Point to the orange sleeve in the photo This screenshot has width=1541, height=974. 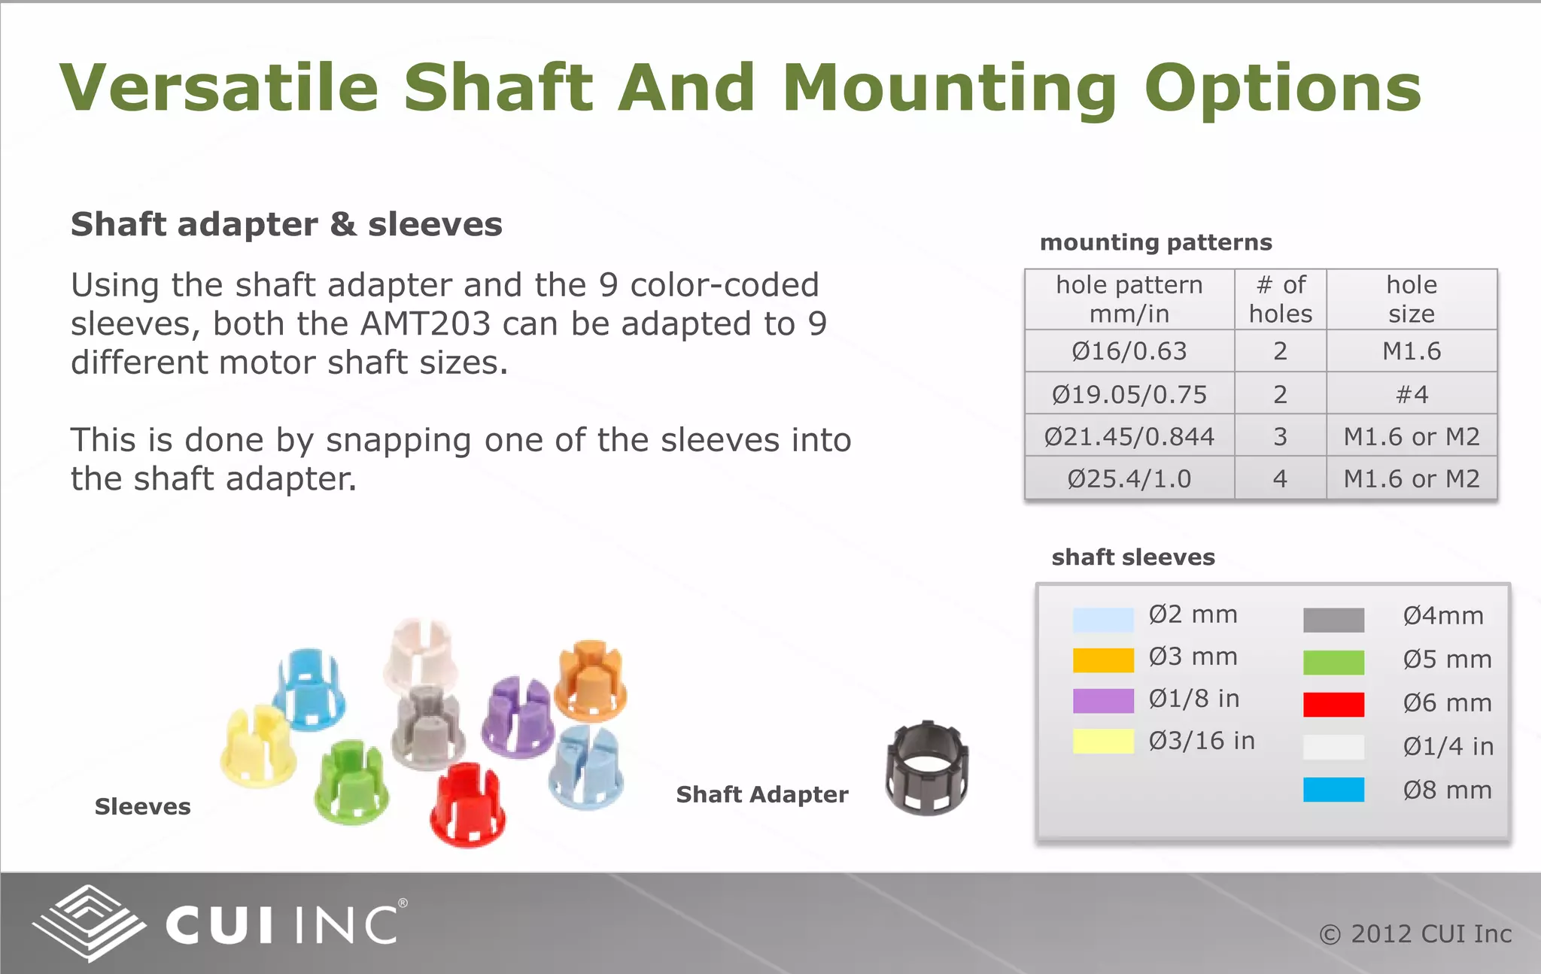591,681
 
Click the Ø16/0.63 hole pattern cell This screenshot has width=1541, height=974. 1129,351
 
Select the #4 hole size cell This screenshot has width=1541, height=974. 1411,394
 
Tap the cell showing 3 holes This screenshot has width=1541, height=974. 1280,436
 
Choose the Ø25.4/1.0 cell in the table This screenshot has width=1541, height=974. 1129,479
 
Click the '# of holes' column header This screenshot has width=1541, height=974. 1280,299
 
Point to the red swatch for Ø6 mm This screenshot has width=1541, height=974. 1333,705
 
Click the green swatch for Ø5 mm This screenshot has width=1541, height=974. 1333,662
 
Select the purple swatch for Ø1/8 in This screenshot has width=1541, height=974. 1103,700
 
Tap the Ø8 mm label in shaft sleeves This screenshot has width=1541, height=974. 1447,790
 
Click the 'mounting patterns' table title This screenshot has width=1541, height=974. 1156,242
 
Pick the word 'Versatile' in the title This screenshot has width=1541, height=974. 219,88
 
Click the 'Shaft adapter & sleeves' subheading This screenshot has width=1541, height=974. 287,225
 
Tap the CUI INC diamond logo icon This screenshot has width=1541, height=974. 89,924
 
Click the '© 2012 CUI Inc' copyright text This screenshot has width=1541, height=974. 1415,934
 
